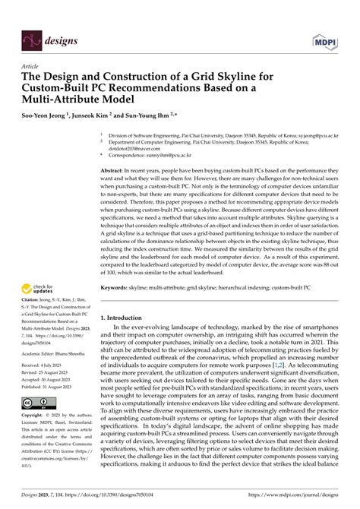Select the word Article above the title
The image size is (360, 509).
coord(30,67)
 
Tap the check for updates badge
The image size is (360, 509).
coord(38,311)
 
